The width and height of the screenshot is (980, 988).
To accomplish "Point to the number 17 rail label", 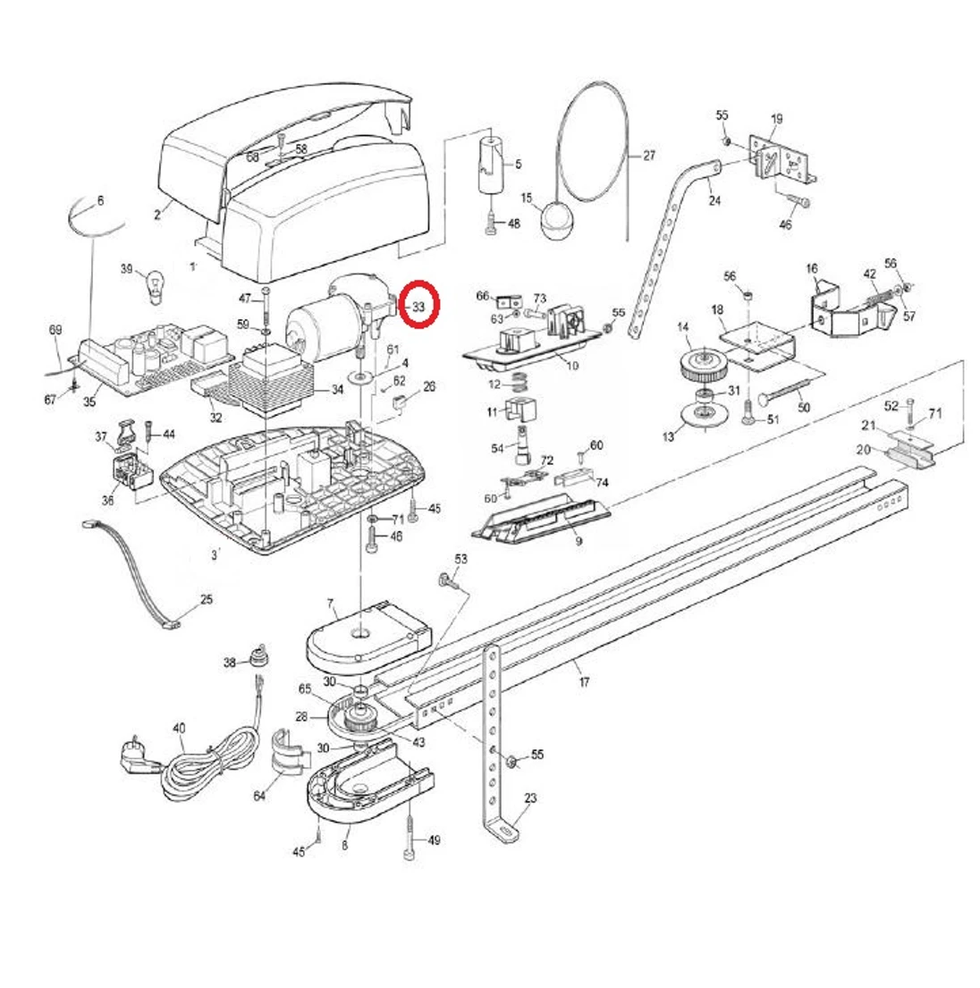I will [x=584, y=682].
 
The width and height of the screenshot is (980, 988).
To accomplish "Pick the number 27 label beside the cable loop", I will [x=648, y=156].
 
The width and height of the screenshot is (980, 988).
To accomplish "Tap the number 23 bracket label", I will [x=530, y=798].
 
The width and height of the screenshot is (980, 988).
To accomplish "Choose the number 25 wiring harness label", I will [x=207, y=599].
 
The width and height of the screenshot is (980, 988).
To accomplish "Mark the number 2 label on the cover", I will [x=156, y=215].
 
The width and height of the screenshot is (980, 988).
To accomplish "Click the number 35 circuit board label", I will [x=89, y=401].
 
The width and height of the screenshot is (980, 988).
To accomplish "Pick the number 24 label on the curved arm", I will [x=714, y=200].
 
